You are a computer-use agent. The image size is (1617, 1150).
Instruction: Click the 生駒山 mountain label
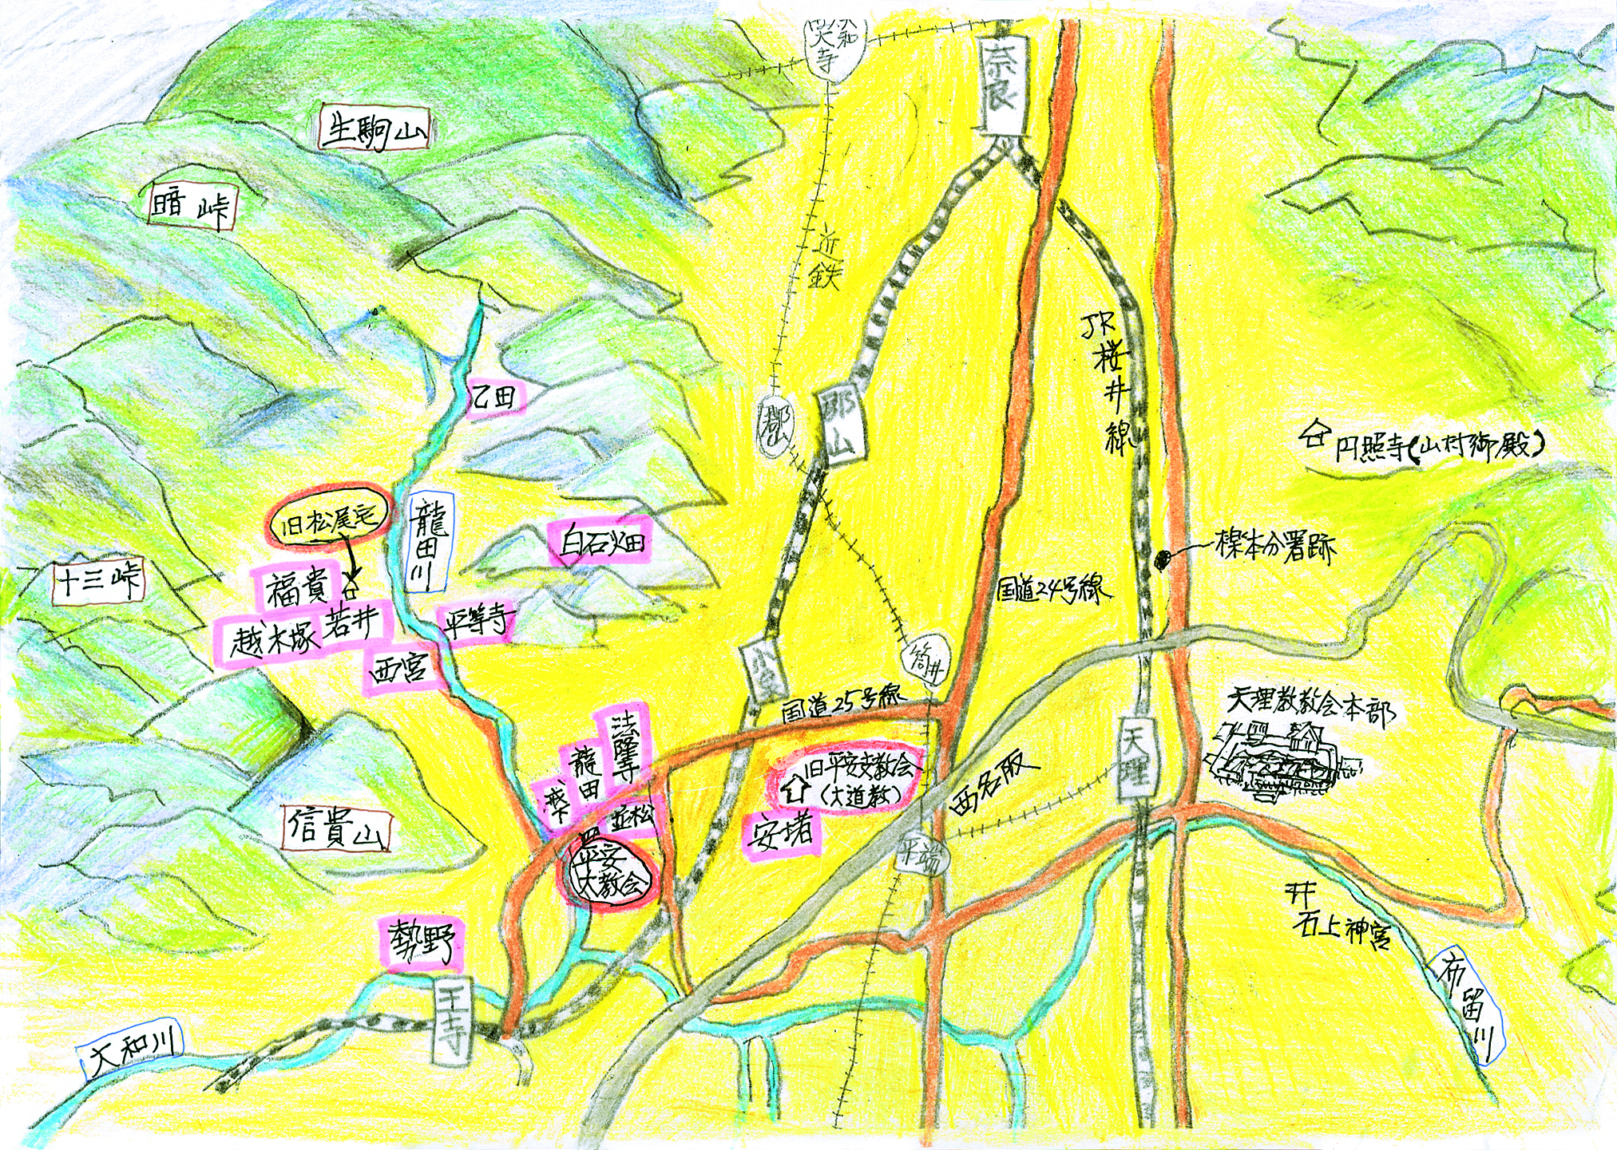click(374, 130)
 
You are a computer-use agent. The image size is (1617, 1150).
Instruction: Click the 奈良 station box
click(1000, 87)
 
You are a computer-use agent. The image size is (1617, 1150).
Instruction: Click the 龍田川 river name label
click(429, 543)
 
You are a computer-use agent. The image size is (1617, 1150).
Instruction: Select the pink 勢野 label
click(422, 942)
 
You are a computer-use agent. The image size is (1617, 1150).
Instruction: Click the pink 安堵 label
click(781, 833)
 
